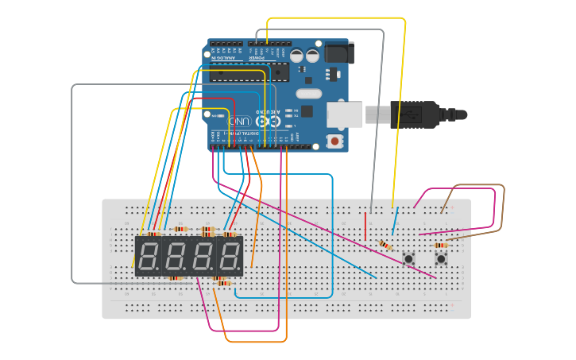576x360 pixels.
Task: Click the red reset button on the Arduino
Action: point(335,141)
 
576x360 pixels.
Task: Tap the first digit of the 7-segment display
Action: point(148,256)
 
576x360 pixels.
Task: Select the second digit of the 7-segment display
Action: point(176,256)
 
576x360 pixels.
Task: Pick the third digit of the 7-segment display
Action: point(203,256)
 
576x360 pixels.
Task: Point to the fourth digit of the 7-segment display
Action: point(230,256)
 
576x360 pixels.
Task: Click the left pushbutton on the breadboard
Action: point(409,258)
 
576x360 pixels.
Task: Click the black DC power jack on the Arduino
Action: point(339,52)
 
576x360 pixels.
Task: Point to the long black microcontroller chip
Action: point(238,76)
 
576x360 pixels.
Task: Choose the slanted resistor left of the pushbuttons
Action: point(385,246)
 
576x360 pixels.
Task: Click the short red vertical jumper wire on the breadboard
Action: point(366,226)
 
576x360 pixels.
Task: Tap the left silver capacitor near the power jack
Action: point(296,56)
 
